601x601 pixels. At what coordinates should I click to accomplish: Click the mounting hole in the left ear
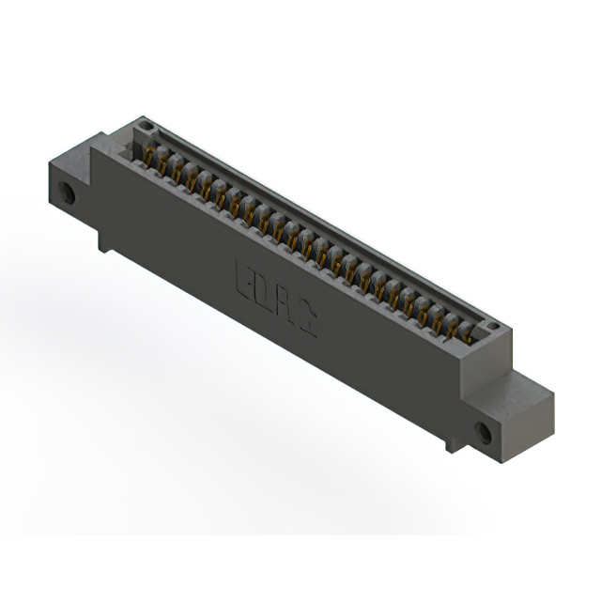click(x=68, y=196)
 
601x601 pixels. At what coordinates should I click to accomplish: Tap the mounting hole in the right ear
click(x=483, y=433)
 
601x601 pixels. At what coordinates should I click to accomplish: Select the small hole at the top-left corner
click(x=143, y=126)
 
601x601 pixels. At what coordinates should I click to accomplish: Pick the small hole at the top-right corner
click(x=491, y=327)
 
